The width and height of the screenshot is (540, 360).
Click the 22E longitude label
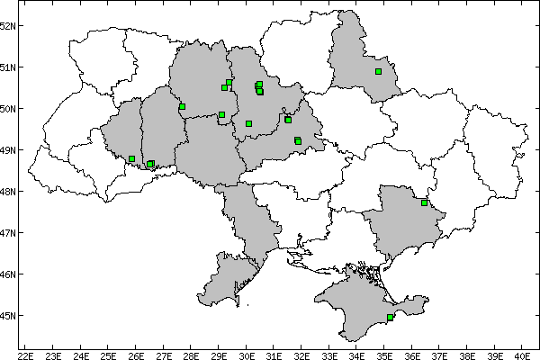click(26, 353)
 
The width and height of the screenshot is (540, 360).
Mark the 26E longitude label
click(137, 353)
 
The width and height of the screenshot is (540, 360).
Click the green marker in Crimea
click(390, 317)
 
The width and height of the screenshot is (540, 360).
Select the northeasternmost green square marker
click(378, 71)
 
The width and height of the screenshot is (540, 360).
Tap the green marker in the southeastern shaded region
click(424, 202)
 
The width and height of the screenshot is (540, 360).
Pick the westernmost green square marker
click(131, 159)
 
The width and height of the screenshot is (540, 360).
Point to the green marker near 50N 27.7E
click(182, 106)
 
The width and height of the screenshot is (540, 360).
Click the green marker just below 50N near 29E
click(221, 114)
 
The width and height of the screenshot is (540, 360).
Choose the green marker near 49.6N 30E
click(248, 123)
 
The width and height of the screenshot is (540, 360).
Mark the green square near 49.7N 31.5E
click(288, 120)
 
